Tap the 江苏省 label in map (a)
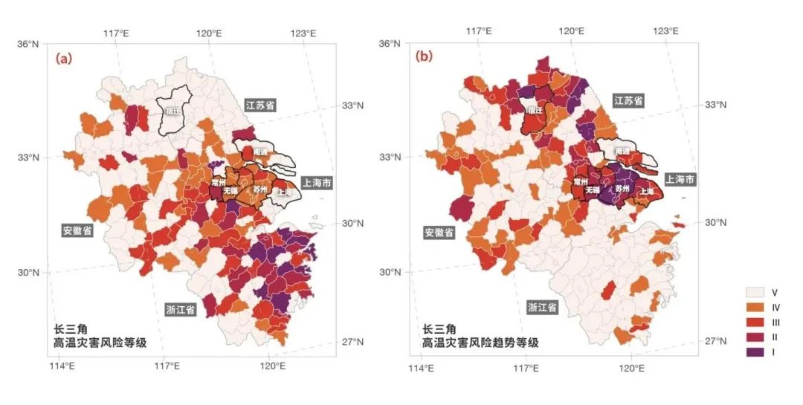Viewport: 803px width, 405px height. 260,106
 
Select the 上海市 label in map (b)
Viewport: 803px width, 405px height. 680,180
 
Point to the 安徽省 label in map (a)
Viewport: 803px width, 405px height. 77,230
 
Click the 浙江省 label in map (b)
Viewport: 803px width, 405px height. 542,306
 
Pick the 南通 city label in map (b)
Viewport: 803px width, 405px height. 622,152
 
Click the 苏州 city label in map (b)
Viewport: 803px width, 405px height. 622,189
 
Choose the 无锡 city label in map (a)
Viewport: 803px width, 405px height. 230,190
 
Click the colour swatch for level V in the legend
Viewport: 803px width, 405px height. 756,292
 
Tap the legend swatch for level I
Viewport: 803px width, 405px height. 756,351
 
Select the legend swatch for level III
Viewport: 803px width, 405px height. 756,322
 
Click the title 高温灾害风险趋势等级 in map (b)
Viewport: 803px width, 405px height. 480,343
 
